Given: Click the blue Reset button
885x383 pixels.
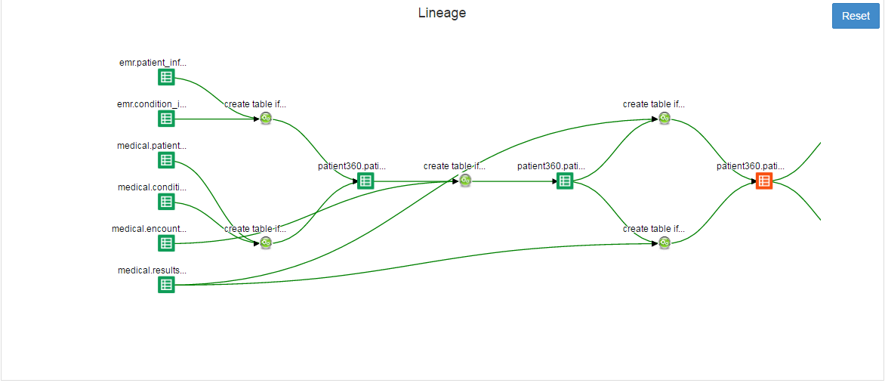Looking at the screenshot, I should pyautogui.click(x=856, y=16).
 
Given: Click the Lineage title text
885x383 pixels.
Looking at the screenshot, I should pyautogui.click(x=442, y=13).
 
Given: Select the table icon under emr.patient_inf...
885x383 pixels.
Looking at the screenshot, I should pyautogui.click(x=166, y=77).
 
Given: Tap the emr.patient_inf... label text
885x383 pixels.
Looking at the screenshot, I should pyautogui.click(x=153, y=63).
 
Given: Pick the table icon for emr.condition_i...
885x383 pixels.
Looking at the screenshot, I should pyautogui.click(x=166, y=119).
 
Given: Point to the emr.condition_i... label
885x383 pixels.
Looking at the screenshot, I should pyautogui.click(x=151, y=104).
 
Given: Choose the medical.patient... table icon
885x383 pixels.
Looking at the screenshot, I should pyautogui.click(x=166, y=160).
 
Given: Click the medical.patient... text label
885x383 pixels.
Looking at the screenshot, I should pyautogui.click(x=151, y=146).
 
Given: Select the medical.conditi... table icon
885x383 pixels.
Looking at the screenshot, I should pyautogui.click(x=166, y=202).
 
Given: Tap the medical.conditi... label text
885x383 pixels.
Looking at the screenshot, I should pyautogui.click(x=151, y=187).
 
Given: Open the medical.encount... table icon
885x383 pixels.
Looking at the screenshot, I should pyautogui.click(x=166, y=243).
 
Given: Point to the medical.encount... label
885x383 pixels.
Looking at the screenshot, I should pyautogui.click(x=149, y=229).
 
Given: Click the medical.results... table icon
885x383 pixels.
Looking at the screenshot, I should pyautogui.click(x=166, y=285).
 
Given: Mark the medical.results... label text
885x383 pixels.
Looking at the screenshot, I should pyautogui.click(x=151, y=270).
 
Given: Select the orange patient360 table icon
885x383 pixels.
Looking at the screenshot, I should pyautogui.click(x=764, y=181).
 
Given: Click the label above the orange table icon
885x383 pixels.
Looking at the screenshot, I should pyautogui.click(x=751, y=166).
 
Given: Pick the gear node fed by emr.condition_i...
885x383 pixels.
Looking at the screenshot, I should pyautogui.click(x=266, y=119).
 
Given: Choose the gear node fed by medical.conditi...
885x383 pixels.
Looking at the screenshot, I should pyautogui.click(x=266, y=242).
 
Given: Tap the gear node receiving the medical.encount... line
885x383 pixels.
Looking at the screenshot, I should pyautogui.click(x=465, y=181).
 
